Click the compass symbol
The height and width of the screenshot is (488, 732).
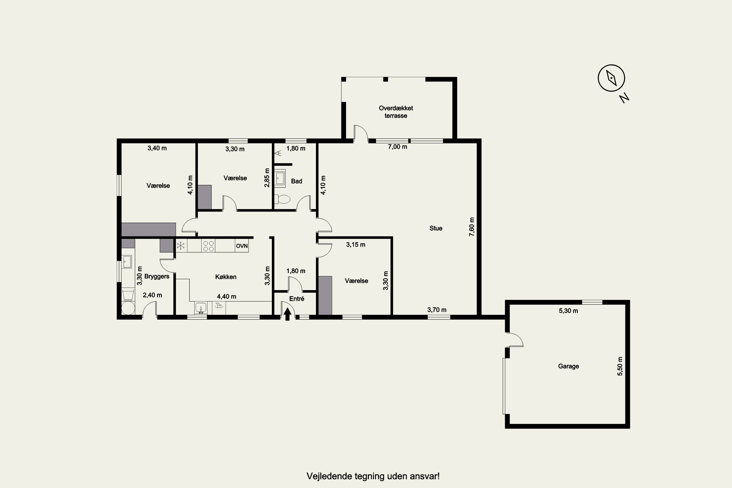pyautogui.click(x=611, y=78)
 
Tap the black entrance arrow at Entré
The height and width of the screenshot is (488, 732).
pyautogui.click(x=288, y=314)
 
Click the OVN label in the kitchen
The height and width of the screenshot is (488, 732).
pyautogui.click(x=242, y=246)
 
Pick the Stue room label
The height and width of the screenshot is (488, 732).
pyautogui.click(x=436, y=228)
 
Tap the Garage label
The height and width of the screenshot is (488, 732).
pyautogui.click(x=568, y=366)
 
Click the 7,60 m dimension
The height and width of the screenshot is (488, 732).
pyautogui.click(x=472, y=227)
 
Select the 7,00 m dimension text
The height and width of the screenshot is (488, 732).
pyautogui.click(x=397, y=147)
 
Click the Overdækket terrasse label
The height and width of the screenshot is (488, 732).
pyautogui.click(x=396, y=112)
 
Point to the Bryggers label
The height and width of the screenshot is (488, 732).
pyautogui.click(x=157, y=276)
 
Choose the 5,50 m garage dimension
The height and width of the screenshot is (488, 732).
pyautogui.click(x=620, y=366)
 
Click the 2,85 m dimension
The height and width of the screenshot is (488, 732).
pyautogui.click(x=267, y=178)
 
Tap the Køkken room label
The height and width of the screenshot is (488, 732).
pyautogui.click(x=226, y=277)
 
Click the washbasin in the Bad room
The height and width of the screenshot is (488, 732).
pyautogui.click(x=280, y=178)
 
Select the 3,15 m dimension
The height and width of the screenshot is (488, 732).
pyautogui.click(x=356, y=245)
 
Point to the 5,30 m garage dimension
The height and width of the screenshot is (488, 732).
pyautogui.click(x=568, y=311)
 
